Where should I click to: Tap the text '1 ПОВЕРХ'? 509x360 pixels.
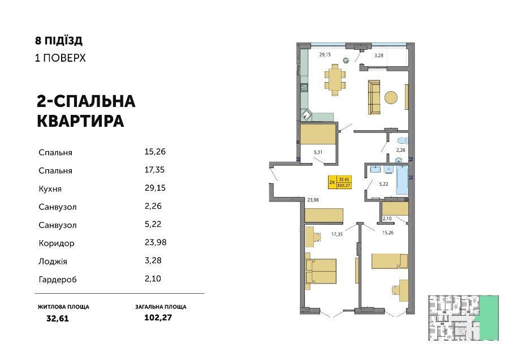(61, 58)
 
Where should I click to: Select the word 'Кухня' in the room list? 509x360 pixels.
(50, 188)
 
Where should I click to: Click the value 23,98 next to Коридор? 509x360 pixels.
(156, 242)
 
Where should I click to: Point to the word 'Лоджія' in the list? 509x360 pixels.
(53, 262)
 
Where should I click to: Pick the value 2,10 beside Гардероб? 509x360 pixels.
(153, 278)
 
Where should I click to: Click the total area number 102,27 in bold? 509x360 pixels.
(158, 318)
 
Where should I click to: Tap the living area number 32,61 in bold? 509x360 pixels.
(58, 319)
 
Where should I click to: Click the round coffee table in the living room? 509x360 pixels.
(391, 97)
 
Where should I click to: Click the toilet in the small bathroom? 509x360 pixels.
(403, 141)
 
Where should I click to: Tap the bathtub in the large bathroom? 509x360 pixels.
(403, 179)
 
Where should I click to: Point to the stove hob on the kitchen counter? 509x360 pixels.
(304, 87)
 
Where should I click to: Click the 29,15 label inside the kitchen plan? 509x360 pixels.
(325, 54)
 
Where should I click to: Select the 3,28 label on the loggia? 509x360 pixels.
(378, 55)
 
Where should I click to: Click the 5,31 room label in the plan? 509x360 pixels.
(318, 152)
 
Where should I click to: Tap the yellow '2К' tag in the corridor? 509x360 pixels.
(332, 182)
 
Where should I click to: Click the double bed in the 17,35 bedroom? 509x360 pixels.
(321, 271)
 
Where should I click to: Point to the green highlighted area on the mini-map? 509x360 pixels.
(489, 318)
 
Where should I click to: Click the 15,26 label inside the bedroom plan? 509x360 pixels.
(388, 233)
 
